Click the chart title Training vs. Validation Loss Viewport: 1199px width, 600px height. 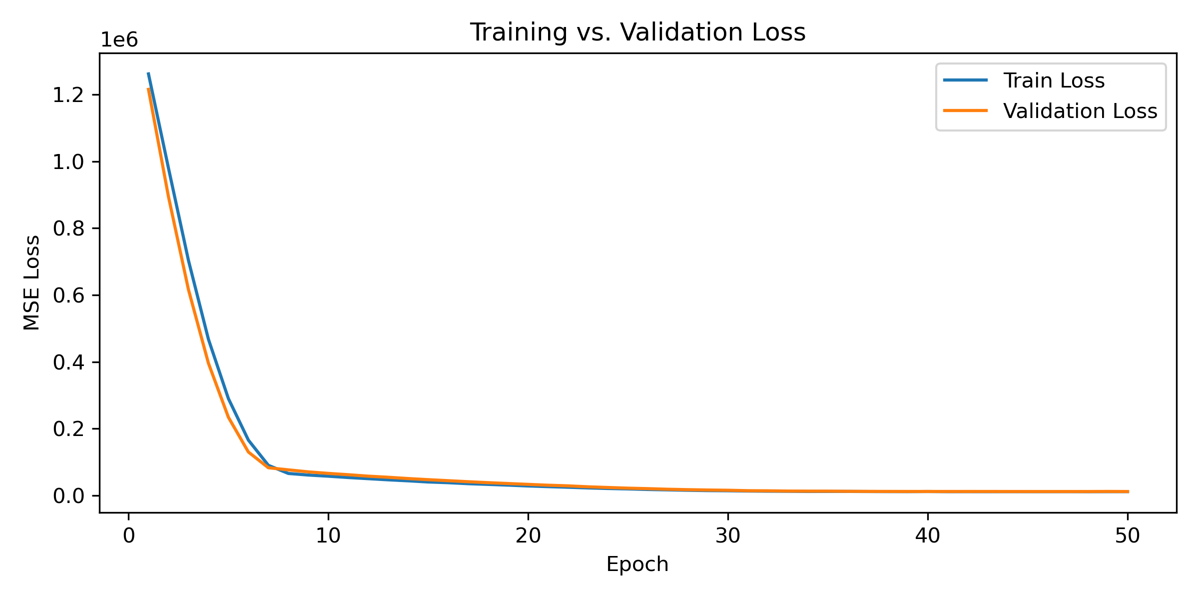(637, 32)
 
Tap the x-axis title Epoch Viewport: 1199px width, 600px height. (637, 564)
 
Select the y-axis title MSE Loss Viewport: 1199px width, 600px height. (32, 282)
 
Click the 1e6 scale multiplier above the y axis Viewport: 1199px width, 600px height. (119, 40)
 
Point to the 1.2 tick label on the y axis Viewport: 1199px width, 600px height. (68, 95)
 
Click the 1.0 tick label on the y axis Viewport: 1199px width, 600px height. (68, 162)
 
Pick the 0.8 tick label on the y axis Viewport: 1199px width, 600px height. (68, 229)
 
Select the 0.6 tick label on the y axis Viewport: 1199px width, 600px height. (68, 295)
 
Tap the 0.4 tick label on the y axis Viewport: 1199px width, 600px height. (68, 362)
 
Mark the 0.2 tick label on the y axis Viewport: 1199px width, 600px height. (68, 429)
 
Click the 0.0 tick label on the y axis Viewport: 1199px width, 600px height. (68, 496)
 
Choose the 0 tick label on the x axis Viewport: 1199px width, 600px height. (129, 536)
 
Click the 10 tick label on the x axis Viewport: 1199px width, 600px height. (328, 536)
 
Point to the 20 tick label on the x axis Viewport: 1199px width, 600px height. (528, 536)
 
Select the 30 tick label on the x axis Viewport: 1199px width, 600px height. (728, 536)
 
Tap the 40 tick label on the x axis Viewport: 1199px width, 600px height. (928, 536)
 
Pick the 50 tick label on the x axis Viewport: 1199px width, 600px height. (1128, 536)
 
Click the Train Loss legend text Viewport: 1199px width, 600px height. (1054, 80)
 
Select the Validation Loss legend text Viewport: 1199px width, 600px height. (1080, 111)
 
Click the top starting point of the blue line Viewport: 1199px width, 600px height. (148, 73)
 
